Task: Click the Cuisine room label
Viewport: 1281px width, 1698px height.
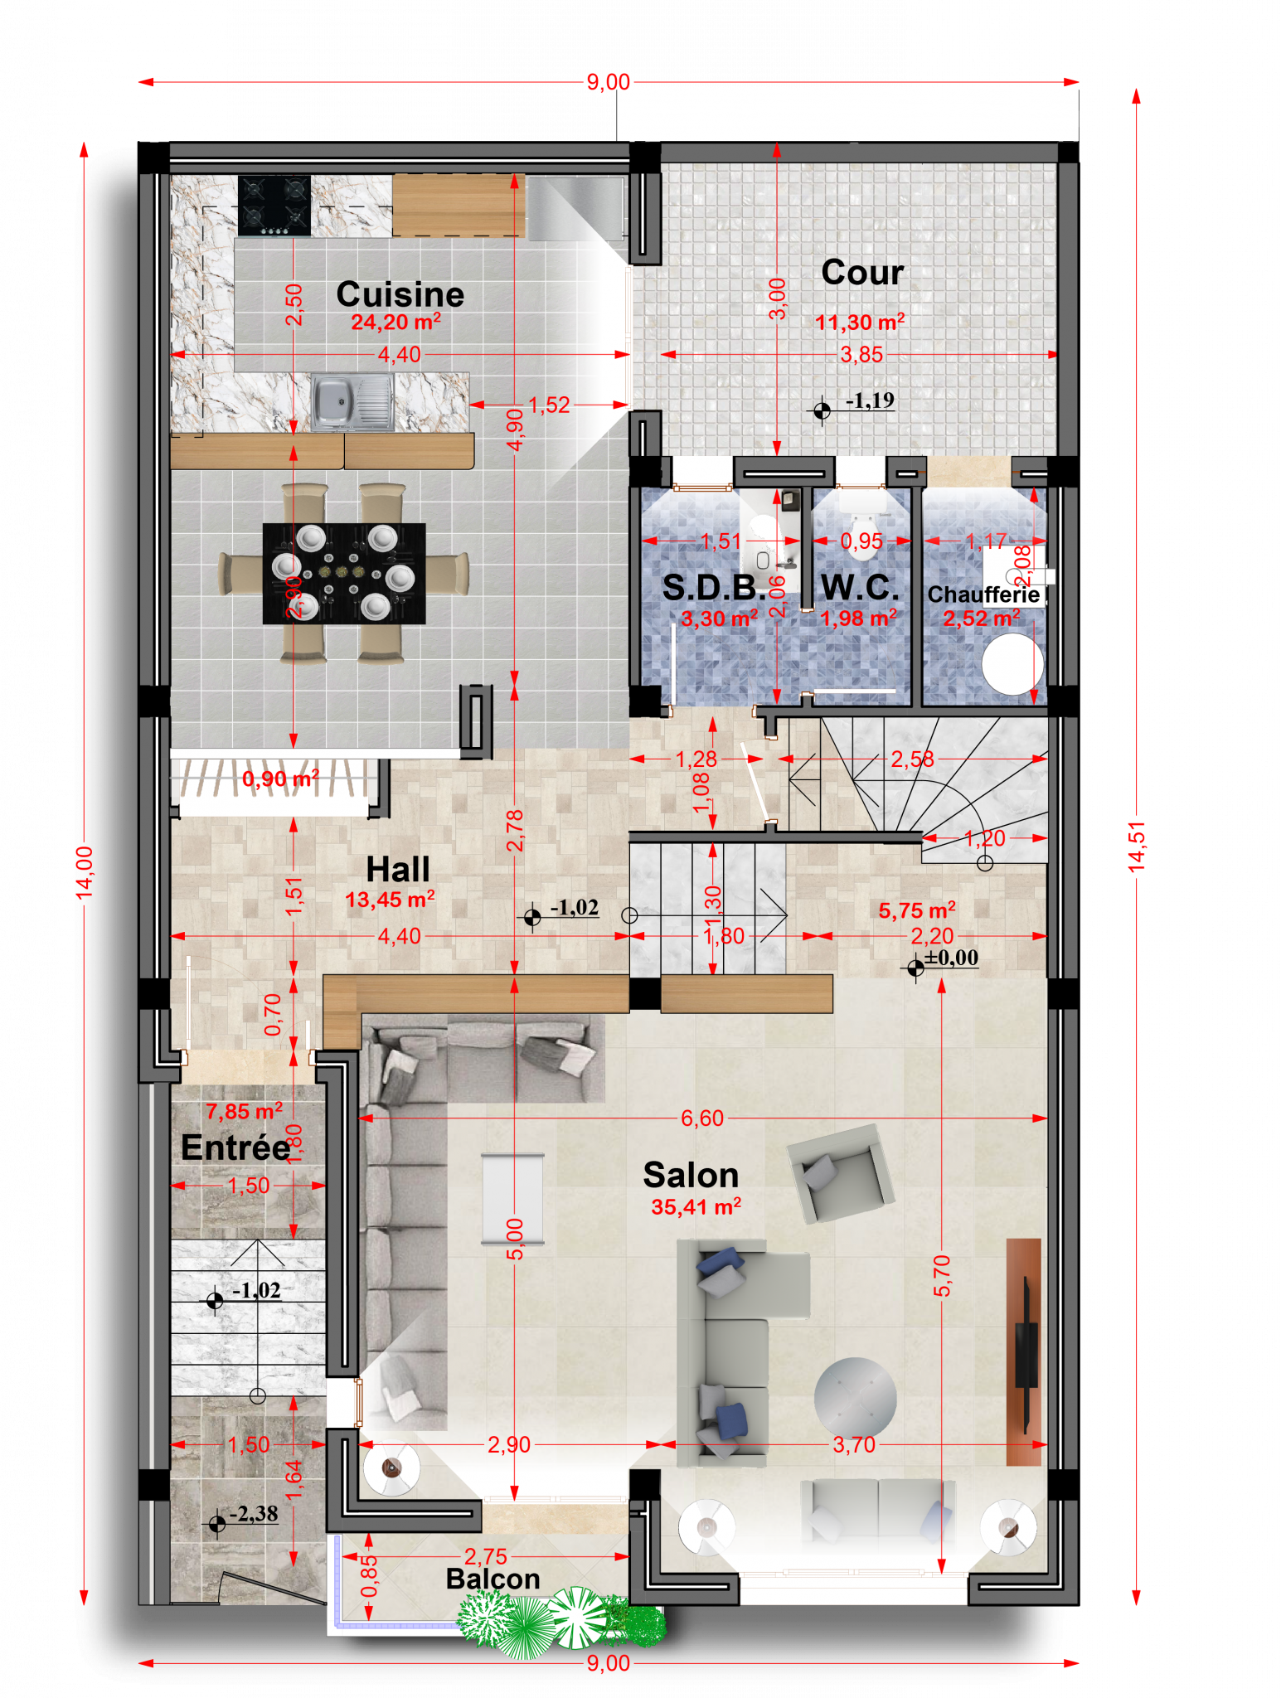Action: (400, 294)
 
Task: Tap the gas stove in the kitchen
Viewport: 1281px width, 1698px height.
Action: (274, 205)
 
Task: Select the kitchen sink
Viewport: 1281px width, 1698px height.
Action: (352, 402)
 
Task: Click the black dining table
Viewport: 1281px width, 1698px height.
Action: (344, 573)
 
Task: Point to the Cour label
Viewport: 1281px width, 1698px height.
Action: (862, 272)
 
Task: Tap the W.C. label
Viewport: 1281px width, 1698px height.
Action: (860, 587)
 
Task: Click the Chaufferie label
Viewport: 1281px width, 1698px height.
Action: (983, 594)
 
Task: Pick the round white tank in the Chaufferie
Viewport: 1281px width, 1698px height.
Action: (1012, 663)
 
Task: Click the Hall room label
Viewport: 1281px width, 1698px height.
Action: (398, 870)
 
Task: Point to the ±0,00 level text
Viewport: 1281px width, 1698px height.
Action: (952, 958)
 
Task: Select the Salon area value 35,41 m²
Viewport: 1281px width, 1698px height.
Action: (696, 1207)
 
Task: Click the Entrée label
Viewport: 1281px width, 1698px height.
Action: (235, 1147)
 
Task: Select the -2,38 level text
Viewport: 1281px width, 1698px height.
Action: (254, 1514)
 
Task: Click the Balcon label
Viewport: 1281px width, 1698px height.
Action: (493, 1579)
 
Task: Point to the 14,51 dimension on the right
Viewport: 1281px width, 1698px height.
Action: (1137, 846)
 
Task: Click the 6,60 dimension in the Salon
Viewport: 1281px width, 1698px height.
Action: (702, 1118)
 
